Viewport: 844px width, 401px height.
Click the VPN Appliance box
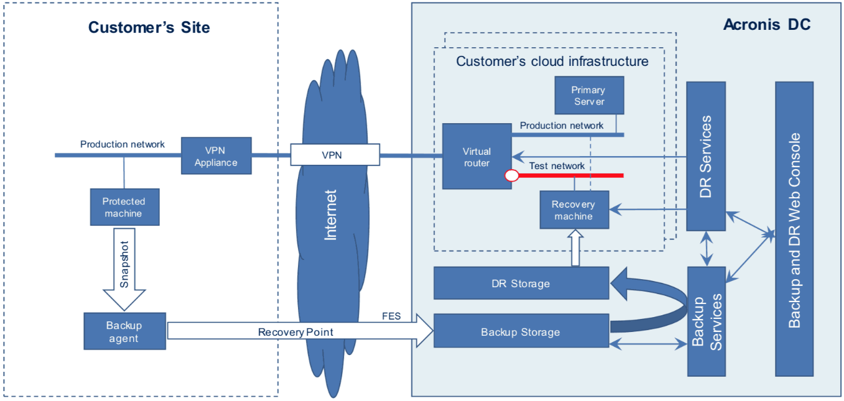pyautogui.click(x=216, y=156)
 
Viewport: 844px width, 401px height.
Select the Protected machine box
pyautogui.click(x=123, y=207)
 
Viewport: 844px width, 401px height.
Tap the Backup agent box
pyautogui.click(x=124, y=331)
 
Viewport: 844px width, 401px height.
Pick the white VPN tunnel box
pyautogui.click(x=335, y=155)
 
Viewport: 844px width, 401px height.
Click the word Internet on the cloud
pyautogui.click(x=330, y=214)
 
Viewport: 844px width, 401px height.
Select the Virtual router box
pyautogui.click(x=476, y=156)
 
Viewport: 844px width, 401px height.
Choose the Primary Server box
pyautogui.click(x=588, y=95)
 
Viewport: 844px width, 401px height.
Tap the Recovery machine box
pyautogui.click(x=573, y=210)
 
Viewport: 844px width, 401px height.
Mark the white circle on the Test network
pyautogui.click(x=511, y=176)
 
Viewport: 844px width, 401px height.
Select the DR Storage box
pyautogui.click(x=521, y=283)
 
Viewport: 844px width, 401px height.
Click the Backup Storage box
pyautogui.click(x=521, y=331)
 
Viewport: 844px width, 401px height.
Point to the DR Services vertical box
pyautogui.click(x=705, y=156)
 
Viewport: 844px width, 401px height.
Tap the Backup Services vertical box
pyautogui.click(x=706, y=321)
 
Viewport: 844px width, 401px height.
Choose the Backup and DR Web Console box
pyautogui.click(x=794, y=229)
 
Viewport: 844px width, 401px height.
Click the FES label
pyautogui.click(x=391, y=316)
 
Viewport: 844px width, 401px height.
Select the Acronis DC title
pyautogui.click(x=767, y=25)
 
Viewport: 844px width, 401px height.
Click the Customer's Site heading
pyautogui.click(x=149, y=27)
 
